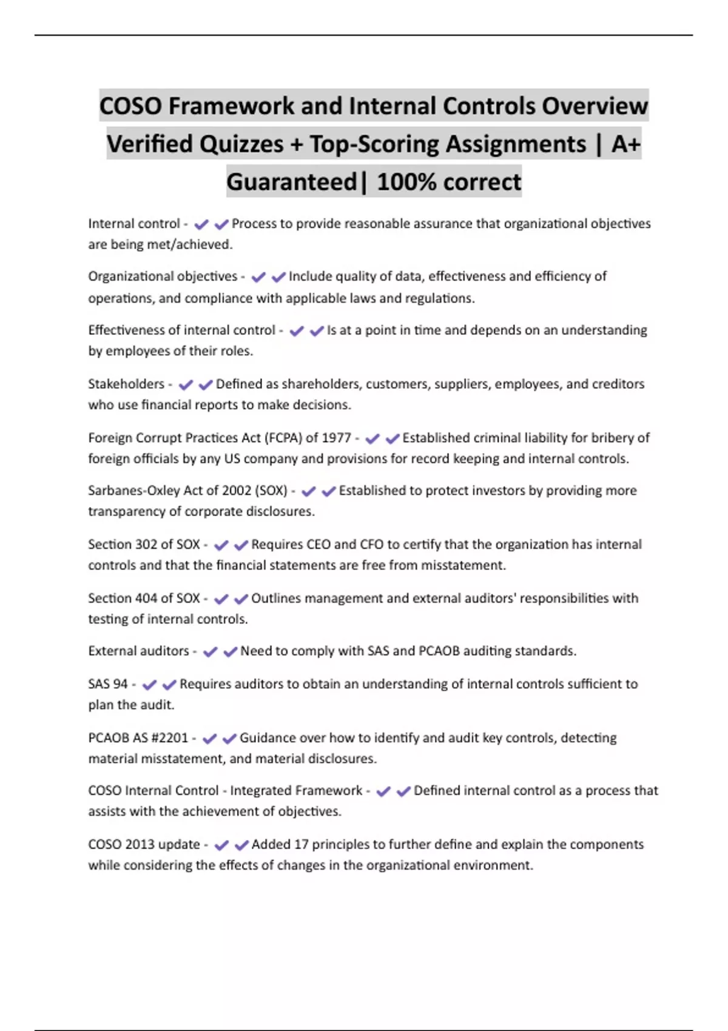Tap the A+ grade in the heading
(625, 144)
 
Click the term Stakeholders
(126, 384)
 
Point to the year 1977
(337, 438)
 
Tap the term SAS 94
(108, 684)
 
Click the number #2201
(170, 738)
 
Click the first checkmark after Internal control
(201, 224)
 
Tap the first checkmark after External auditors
(210, 652)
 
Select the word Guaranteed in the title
(292, 182)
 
